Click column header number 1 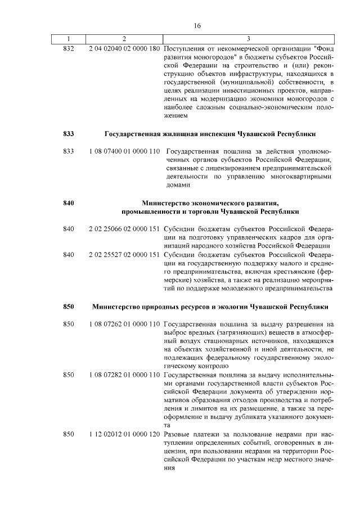68,38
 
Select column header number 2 124,38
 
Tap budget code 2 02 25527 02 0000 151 124,255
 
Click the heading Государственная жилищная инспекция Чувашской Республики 210,134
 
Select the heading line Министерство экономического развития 210,202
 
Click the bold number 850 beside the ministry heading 69,307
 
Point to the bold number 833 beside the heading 69,134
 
